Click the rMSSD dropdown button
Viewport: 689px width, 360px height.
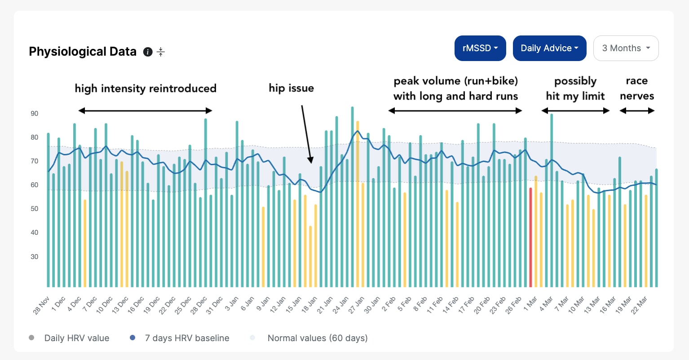(x=480, y=48)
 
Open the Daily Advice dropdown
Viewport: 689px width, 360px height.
(x=549, y=48)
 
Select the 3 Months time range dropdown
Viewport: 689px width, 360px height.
(x=626, y=48)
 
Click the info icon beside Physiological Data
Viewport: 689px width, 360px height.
(x=148, y=52)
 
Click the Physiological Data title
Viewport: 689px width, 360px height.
(x=83, y=52)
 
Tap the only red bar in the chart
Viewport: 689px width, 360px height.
(x=530, y=237)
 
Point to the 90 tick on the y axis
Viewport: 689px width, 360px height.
(x=35, y=114)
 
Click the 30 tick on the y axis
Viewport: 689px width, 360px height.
(x=35, y=257)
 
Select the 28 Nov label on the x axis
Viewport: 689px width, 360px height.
(x=41, y=306)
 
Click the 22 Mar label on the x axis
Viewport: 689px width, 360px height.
(x=639, y=306)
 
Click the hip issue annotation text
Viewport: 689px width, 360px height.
(x=291, y=88)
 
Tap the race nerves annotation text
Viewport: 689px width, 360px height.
(x=637, y=88)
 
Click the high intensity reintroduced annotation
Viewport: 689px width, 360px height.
(x=146, y=88)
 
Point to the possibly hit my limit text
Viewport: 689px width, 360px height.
(x=575, y=88)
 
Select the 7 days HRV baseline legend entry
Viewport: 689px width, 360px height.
(x=180, y=338)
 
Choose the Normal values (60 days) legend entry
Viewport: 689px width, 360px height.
(x=309, y=338)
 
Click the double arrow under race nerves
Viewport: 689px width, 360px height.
(x=637, y=111)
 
